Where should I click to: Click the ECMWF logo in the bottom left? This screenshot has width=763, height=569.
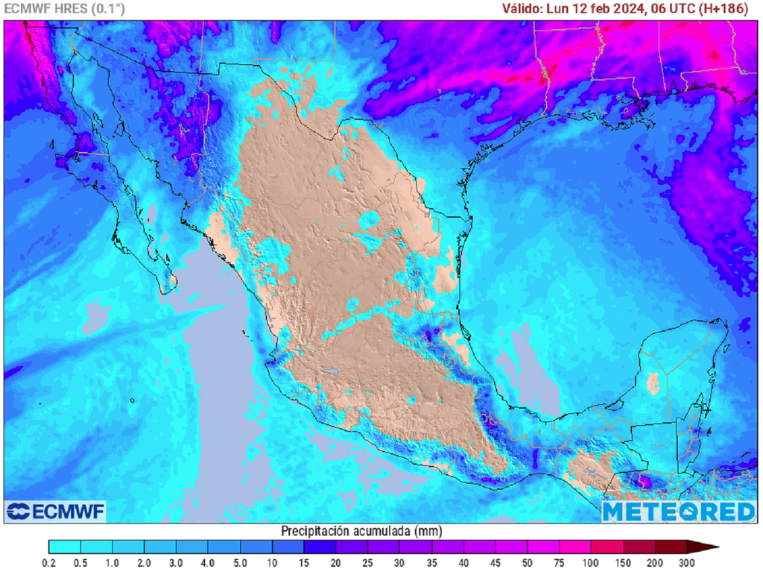tap(55, 512)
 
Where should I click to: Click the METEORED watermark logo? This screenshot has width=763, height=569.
tap(679, 512)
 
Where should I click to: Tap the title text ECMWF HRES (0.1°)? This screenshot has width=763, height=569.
tap(65, 9)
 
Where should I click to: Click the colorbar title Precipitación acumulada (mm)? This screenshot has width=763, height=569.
tap(361, 531)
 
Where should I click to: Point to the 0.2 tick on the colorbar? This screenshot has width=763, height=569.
tap(49, 562)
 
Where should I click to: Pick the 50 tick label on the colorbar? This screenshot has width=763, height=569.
tap(528, 562)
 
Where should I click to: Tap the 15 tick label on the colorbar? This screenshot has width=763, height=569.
tap(304, 562)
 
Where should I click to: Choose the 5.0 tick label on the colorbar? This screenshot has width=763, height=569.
tap(240, 562)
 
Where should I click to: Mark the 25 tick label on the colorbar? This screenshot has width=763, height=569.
tap(368, 562)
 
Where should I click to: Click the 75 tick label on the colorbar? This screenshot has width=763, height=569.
tap(560, 562)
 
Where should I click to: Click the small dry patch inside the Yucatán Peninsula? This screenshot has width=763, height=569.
tap(653, 383)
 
